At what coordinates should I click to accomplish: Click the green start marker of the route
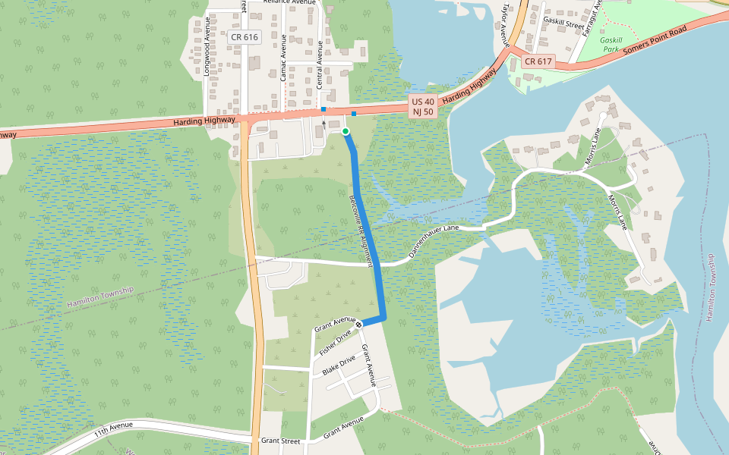click(346, 132)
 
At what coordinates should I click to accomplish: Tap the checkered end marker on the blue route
click(359, 325)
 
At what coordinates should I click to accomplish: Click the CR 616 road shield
click(245, 37)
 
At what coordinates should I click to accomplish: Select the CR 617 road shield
click(538, 61)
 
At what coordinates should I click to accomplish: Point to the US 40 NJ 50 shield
click(423, 106)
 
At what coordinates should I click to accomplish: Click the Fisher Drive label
click(335, 344)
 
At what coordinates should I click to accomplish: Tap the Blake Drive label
click(339, 365)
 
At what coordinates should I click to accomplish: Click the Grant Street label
click(280, 440)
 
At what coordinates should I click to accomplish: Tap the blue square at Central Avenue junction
click(323, 109)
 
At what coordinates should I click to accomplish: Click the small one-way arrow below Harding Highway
click(324, 123)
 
